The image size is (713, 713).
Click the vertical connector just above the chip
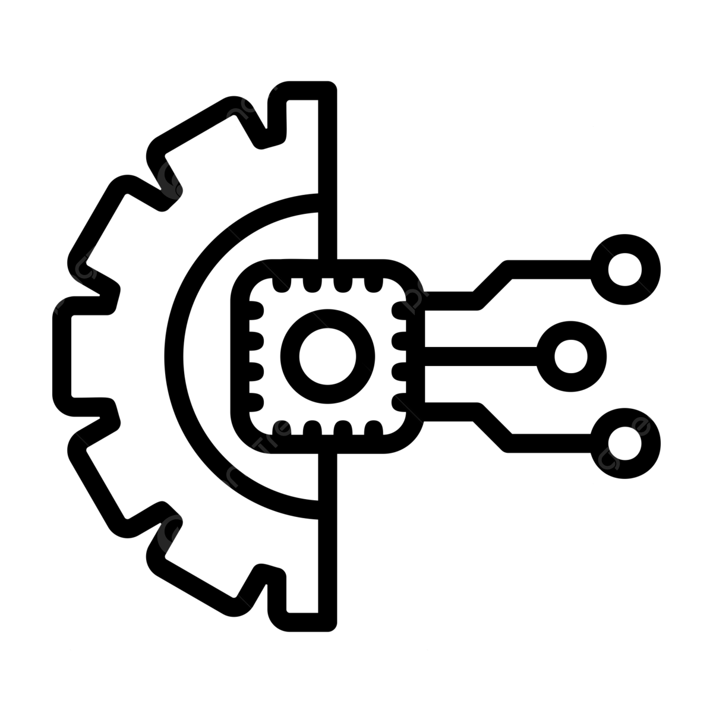pyautogui.click(x=328, y=244)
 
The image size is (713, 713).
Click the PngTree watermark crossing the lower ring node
pyautogui.click(x=615, y=452)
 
